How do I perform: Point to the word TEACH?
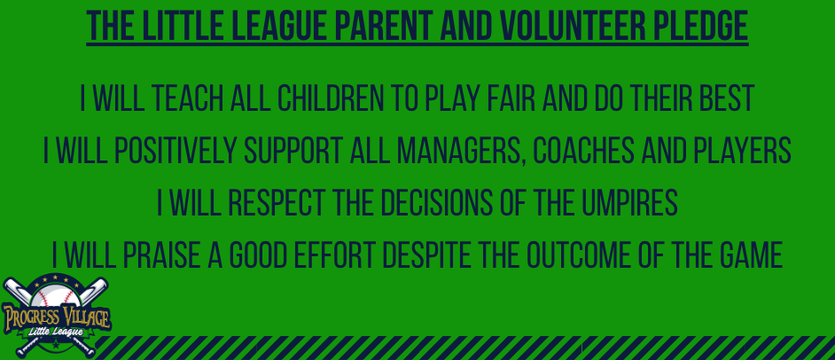189,98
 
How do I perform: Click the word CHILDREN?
329,98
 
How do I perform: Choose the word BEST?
727,98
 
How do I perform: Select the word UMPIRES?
629,202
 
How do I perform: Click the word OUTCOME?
580,254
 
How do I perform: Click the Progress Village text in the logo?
56,317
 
